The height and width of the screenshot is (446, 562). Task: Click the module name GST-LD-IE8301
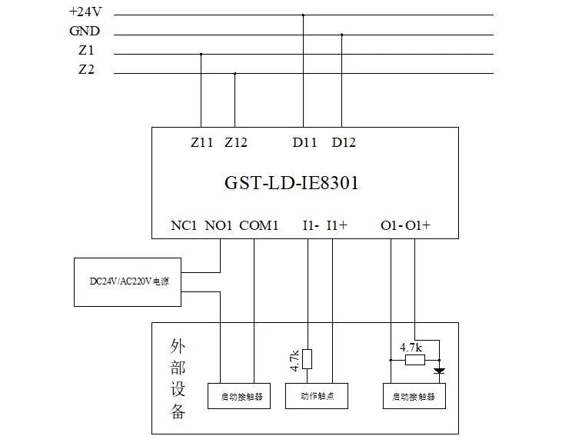291,184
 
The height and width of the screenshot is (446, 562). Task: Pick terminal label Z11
202,143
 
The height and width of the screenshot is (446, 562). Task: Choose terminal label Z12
236,143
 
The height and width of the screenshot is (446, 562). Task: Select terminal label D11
304,143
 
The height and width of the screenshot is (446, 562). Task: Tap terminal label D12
344,143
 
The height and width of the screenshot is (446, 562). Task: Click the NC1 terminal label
185,226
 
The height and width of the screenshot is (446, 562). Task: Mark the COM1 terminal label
259,226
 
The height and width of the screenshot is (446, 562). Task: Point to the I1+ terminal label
337,226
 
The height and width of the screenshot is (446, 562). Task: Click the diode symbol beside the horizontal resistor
439,371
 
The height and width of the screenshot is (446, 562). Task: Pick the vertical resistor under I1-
308,359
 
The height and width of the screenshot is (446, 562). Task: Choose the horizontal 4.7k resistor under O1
414,359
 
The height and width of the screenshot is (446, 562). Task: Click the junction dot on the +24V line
303,15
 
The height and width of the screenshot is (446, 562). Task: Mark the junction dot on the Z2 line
234,74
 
